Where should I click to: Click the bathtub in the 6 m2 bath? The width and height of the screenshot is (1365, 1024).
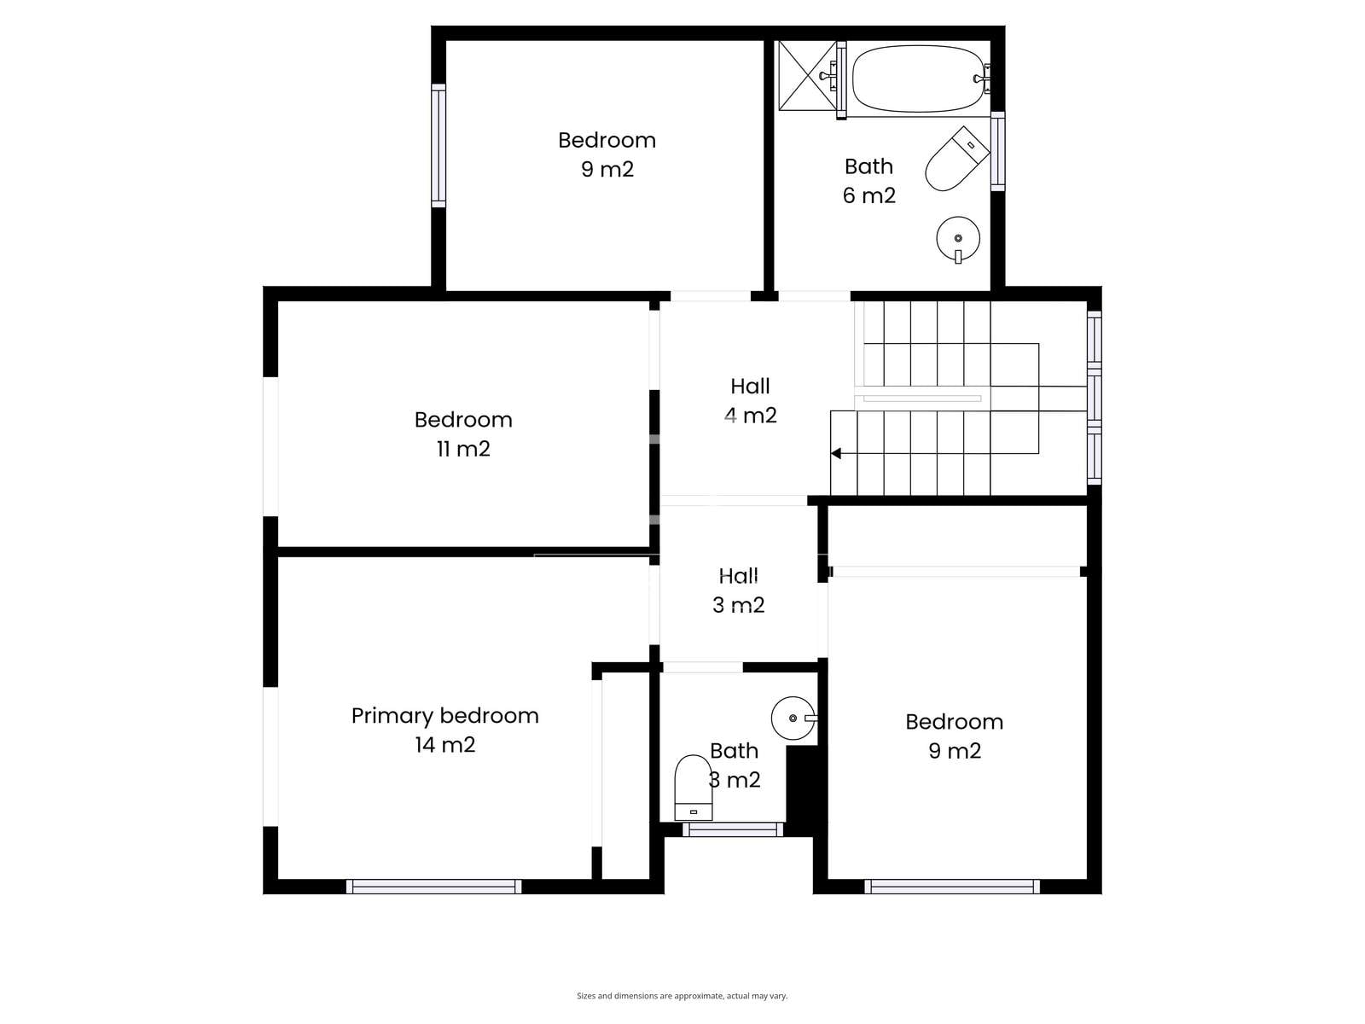click(x=919, y=79)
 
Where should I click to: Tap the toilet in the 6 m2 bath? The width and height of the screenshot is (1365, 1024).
click(x=955, y=159)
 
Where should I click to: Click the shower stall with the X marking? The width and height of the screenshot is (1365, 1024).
click(x=807, y=76)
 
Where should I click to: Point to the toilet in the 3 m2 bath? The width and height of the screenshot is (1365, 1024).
click(x=693, y=787)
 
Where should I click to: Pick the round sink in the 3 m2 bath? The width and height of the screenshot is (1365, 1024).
click(x=793, y=719)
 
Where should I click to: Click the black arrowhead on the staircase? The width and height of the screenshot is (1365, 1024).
click(x=836, y=453)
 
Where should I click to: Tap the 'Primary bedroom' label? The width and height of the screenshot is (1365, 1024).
click(x=444, y=716)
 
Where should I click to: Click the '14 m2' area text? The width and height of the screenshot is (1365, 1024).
click(x=444, y=745)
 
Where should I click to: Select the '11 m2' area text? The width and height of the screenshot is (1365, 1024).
click(x=463, y=449)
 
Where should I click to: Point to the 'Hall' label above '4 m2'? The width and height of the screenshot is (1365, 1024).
click(x=750, y=386)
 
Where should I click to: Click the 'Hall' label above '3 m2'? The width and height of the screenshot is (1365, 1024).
click(x=738, y=576)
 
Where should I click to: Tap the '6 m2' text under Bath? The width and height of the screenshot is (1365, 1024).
click(x=868, y=195)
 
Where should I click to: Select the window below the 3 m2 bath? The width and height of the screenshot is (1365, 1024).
click(x=733, y=829)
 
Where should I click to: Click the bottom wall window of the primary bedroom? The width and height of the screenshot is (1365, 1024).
click(x=433, y=887)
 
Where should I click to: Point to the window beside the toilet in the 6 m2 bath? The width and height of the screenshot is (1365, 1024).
click(x=997, y=151)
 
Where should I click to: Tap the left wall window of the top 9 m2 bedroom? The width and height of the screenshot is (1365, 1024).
click(x=439, y=145)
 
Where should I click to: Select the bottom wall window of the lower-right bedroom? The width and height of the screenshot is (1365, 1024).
click(x=951, y=887)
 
